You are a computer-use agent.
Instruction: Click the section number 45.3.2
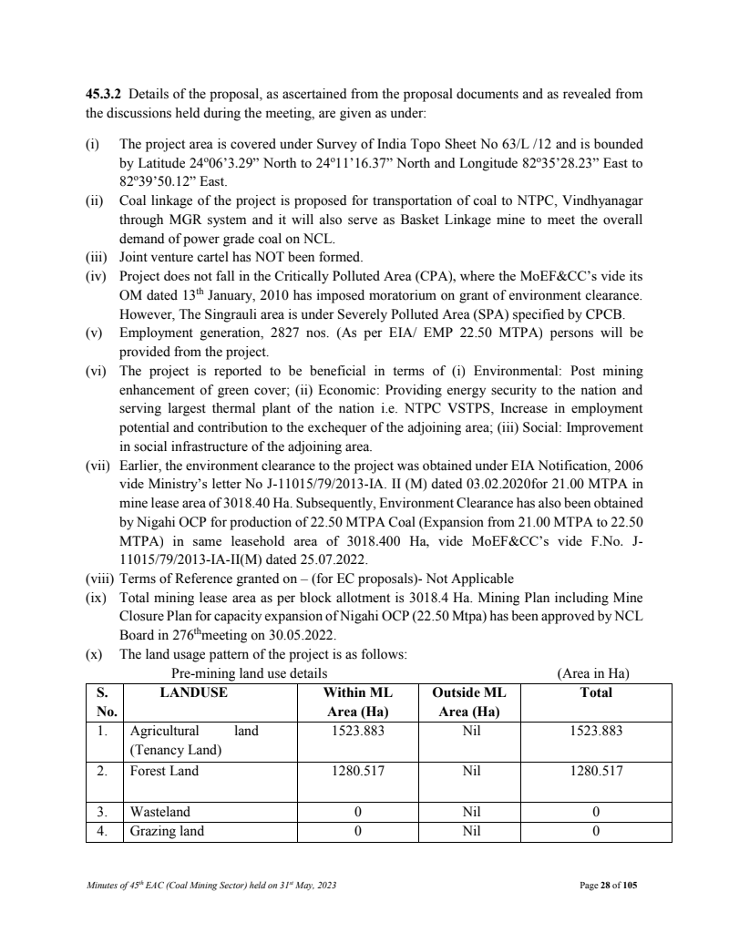click(x=103, y=95)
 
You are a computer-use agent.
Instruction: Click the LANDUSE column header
click(x=194, y=692)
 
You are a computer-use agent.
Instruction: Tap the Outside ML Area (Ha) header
click(x=467, y=702)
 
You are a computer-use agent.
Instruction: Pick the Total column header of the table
click(x=596, y=692)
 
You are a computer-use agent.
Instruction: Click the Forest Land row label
click(x=163, y=771)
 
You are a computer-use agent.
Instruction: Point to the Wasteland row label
click(x=160, y=812)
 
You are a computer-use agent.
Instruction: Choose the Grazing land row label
click(x=167, y=831)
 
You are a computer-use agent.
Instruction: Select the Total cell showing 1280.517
click(x=596, y=771)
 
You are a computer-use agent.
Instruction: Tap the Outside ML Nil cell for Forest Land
click(x=467, y=771)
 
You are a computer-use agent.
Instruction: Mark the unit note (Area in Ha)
click(x=593, y=673)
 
